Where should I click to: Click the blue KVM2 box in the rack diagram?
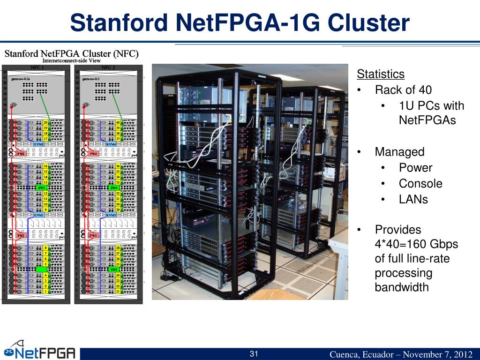[38, 144]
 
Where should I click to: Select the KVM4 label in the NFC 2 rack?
[111, 144]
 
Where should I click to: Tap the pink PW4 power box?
[93, 153]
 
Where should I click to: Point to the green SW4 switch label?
[113, 187]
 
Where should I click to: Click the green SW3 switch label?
[113, 270]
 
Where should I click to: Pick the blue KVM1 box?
[38, 215]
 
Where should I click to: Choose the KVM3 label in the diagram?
[111, 215]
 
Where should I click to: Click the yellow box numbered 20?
[46, 122]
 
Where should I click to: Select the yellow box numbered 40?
[118, 122]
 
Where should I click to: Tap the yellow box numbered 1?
[46, 291]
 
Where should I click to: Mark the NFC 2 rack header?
[108, 67]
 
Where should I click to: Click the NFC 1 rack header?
[37, 67]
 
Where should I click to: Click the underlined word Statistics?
[380, 74]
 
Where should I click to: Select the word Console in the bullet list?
[420, 184]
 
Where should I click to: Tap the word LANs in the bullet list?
[413, 199]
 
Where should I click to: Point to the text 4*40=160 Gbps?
[416, 244]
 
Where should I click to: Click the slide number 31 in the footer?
[254, 353]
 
